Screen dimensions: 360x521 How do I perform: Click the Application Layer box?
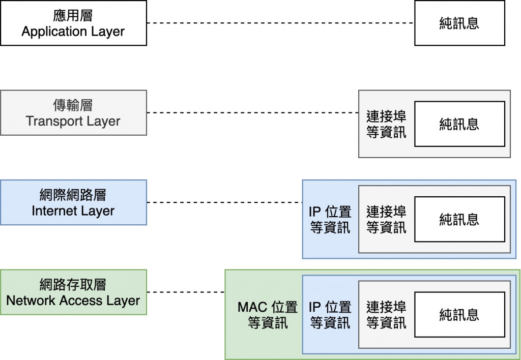point(73,23)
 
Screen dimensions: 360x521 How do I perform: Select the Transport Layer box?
point(73,113)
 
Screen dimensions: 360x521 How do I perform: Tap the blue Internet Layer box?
point(73,202)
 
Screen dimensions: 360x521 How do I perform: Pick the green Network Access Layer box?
point(73,292)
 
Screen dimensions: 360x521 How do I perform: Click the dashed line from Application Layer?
point(280,23)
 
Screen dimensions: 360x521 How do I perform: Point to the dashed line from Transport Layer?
point(252,113)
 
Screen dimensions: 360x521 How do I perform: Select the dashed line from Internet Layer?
point(224,202)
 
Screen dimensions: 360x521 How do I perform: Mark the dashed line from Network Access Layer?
point(186,292)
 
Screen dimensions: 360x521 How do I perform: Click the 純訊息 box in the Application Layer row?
point(459,23)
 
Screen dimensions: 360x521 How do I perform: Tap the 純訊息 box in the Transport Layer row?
point(459,124)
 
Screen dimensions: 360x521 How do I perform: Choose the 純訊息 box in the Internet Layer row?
point(459,219)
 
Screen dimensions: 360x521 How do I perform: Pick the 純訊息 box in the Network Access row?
point(459,314)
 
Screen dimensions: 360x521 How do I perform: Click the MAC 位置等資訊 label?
point(268,315)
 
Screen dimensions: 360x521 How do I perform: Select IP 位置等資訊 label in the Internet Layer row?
point(330,219)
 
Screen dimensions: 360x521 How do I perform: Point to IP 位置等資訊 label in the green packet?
point(330,315)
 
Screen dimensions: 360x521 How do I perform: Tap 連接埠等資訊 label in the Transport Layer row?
point(386,124)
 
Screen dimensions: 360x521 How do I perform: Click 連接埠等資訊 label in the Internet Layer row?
point(386,219)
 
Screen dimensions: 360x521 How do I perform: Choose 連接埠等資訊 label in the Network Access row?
point(386,315)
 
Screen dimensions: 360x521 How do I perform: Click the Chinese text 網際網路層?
point(73,195)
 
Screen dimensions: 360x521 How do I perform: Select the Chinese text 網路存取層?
point(73,285)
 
